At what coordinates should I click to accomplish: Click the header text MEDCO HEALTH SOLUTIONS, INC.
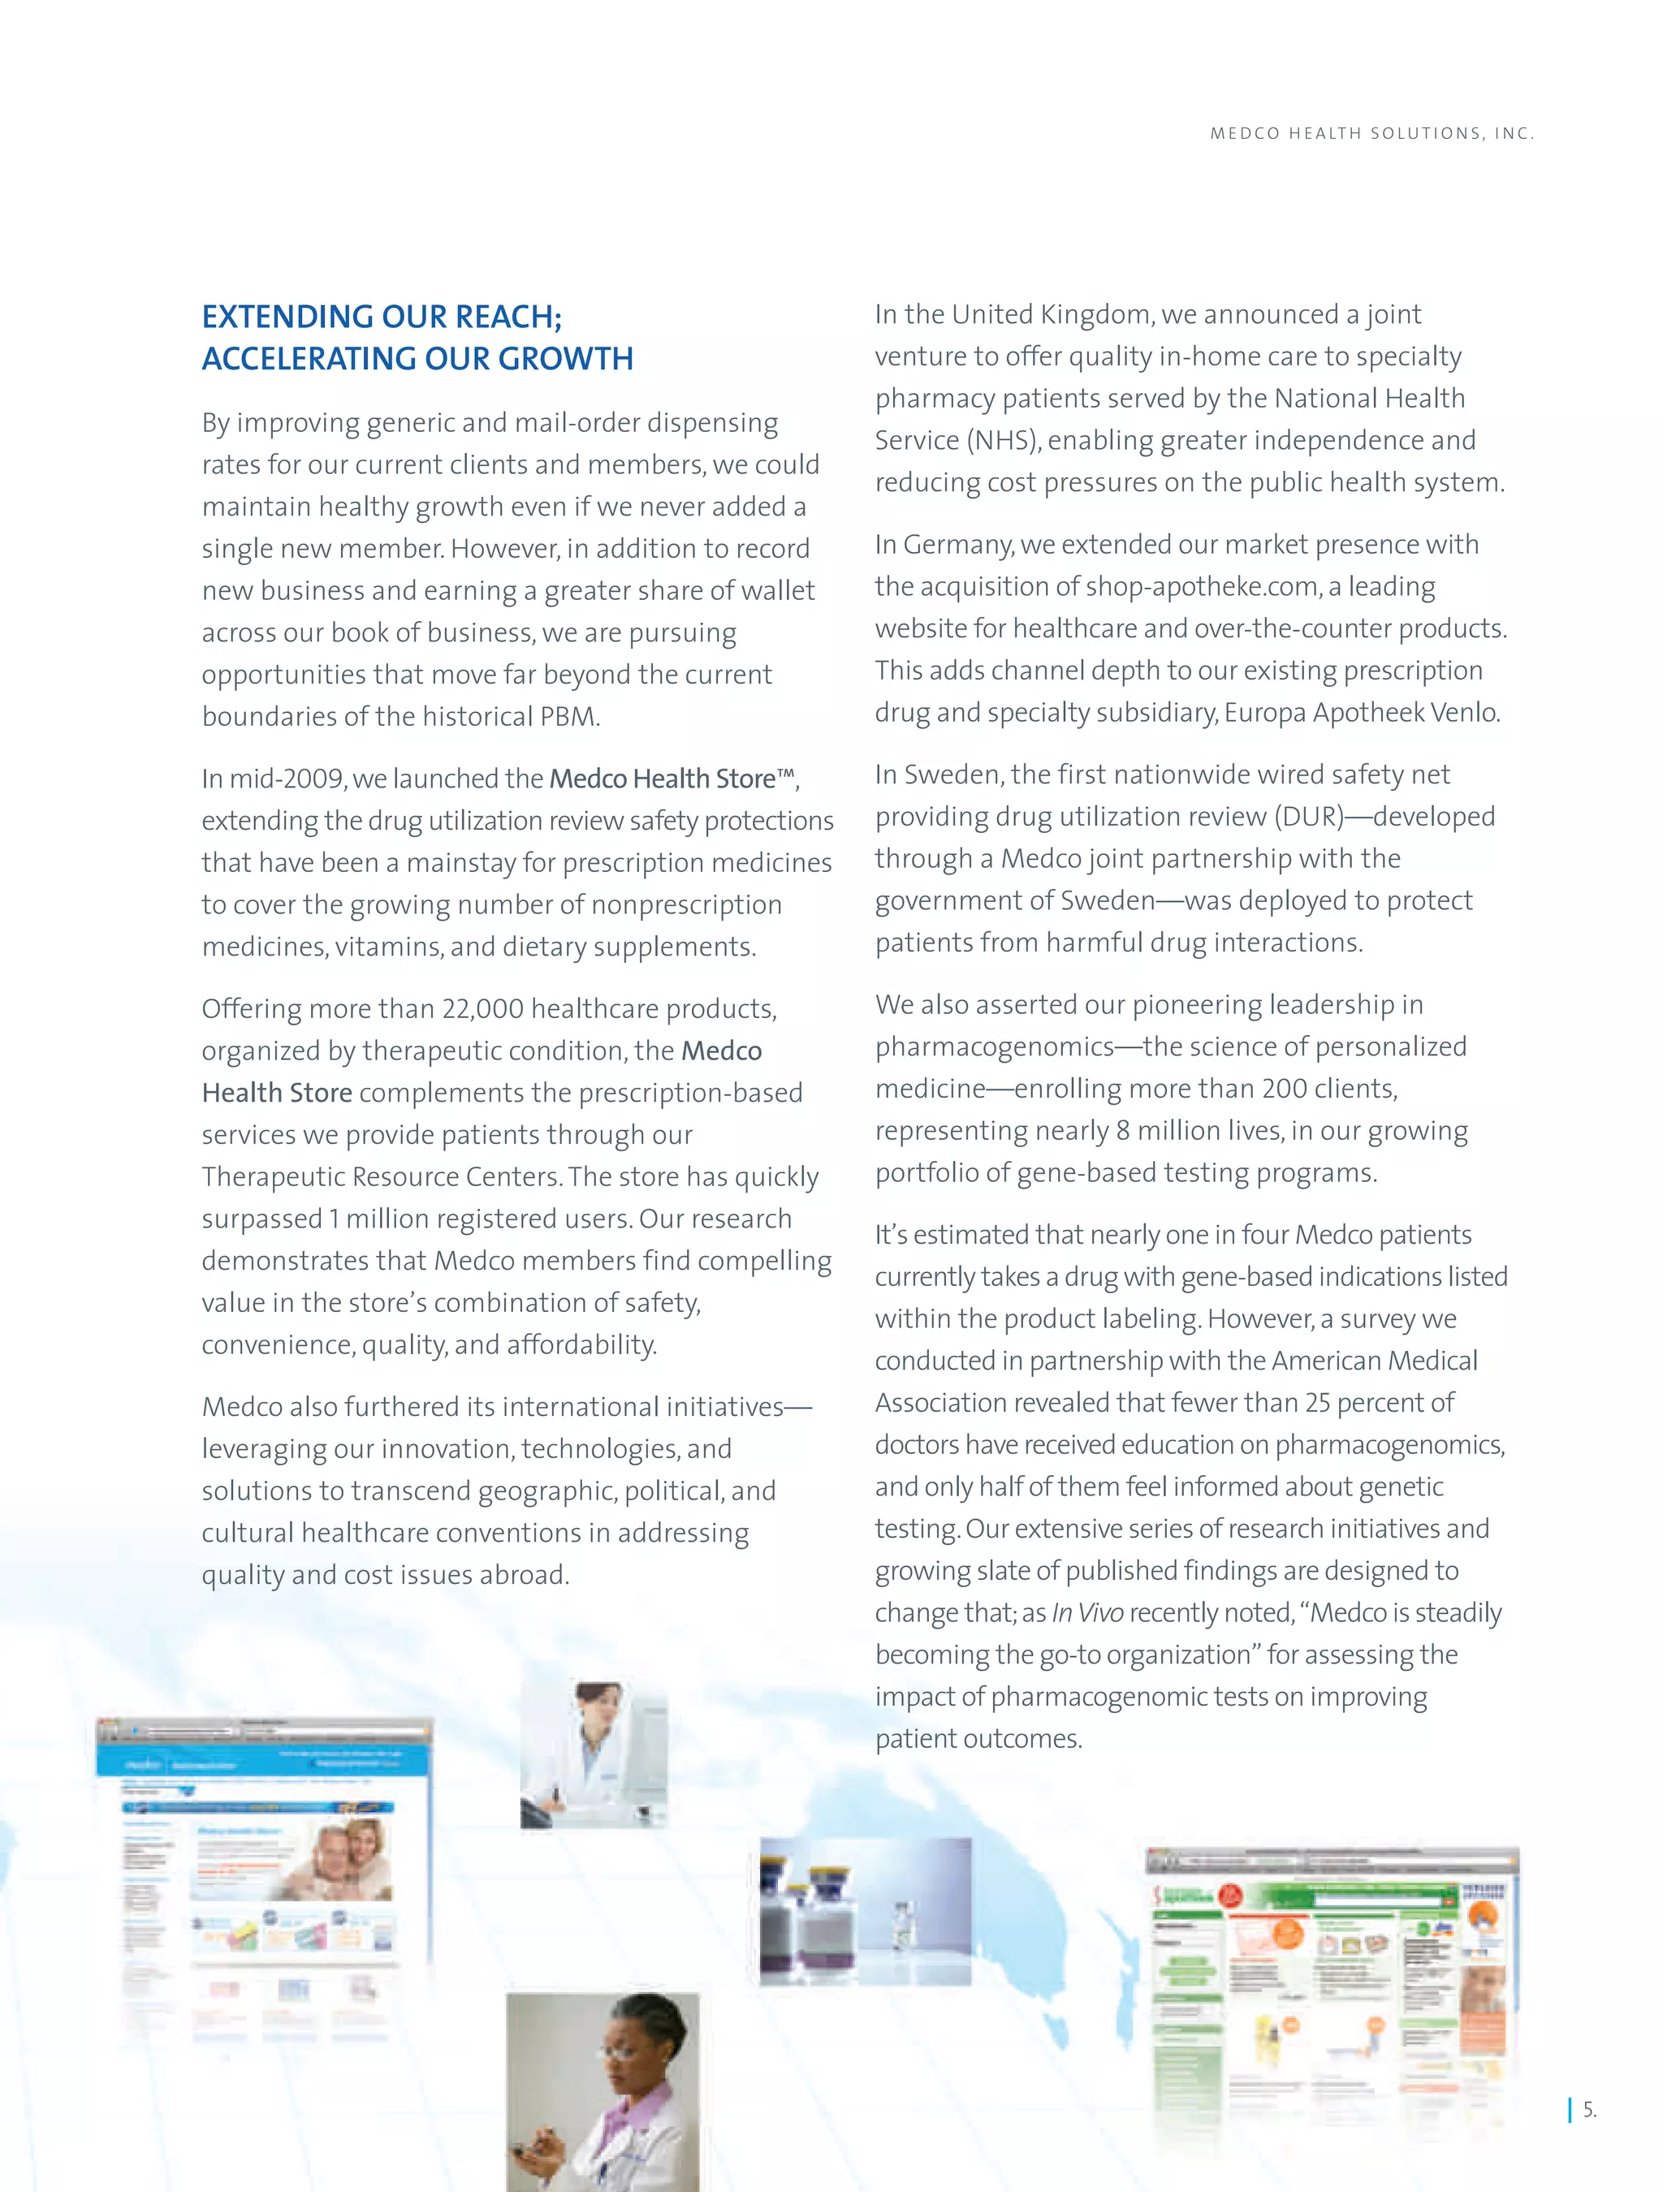pyautogui.click(x=1371, y=134)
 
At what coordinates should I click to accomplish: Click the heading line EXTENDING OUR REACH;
pyautogui.click(x=382, y=317)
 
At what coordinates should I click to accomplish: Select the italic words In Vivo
pyautogui.click(x=1087, y=1613)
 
